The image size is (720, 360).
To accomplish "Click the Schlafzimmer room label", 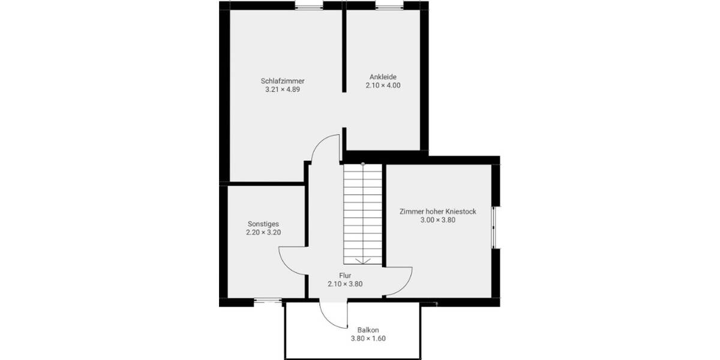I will click(282, 80).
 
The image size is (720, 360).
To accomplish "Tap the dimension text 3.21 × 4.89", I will click(282, 89).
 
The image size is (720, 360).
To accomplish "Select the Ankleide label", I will click(383, 76).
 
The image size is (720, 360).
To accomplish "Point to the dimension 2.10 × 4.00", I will click(383, 86).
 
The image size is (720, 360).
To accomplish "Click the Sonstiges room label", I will click(263, 223).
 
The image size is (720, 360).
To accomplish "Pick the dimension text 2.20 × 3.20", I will click(263, 232).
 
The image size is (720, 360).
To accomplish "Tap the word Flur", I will click(345, 275).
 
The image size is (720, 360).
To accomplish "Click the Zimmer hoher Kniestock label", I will click(438, 211).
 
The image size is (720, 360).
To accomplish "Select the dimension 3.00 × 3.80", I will click(438, 220).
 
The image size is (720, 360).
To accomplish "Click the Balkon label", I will click(368, 329).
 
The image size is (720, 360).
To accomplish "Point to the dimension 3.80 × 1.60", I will click(368, 338).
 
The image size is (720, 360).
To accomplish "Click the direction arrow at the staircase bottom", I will click(362, 260).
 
